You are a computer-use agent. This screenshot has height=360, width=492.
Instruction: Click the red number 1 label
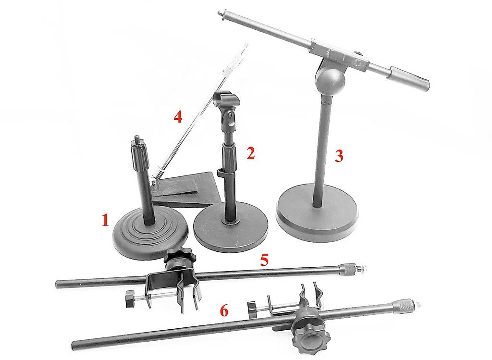[105, 220]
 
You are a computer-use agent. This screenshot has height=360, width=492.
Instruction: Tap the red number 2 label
[250, 153]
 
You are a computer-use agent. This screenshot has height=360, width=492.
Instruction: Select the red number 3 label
[339, 156]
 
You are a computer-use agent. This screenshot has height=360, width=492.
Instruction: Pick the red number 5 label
[265, 260]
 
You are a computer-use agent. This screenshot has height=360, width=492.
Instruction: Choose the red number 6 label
[224, 310]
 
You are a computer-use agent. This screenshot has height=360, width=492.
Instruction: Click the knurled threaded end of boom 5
[352, 268]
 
